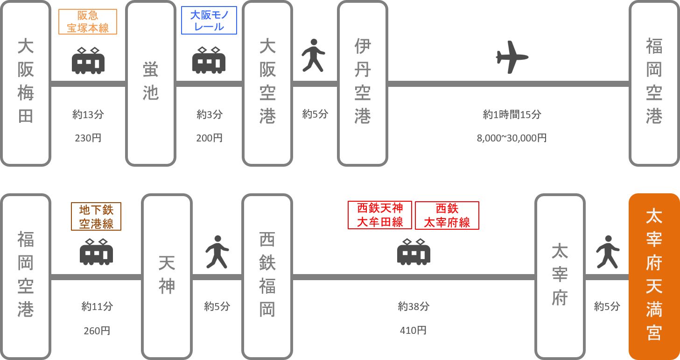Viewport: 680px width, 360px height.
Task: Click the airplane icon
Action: [x=512, y=57]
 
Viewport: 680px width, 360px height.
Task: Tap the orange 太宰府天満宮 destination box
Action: [x=654, y=276]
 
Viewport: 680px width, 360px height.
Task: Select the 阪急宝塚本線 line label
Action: [x=88, y=22]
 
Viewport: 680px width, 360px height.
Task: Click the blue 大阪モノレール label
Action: [x=209, y=21]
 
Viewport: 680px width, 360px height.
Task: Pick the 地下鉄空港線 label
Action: [x=96, y=216]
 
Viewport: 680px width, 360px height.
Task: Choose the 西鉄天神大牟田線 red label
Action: [x=380, y=215]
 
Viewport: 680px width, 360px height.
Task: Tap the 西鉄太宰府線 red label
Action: [x=447, y=215]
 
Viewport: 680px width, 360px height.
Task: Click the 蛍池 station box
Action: [x=151, y=83]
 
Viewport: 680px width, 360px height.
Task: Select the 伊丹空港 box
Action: [x=363, y=83]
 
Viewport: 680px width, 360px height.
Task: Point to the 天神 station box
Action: [x=167, y=276]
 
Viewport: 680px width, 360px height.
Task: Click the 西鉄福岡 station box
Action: [x=267, y=276]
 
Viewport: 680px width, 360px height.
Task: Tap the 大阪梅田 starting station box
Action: [x=26, y=83]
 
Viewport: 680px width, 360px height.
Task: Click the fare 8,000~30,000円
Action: [x=512, y=138]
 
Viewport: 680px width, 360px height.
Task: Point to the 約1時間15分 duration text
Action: [x=512, y=114]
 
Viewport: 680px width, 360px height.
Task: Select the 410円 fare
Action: [x=414, y=331]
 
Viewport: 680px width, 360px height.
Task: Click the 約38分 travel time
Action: [x=414, y=307]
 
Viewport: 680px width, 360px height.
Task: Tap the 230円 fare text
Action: [x=88, y=138]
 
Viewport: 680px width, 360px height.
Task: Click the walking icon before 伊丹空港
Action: [x=313, y=56]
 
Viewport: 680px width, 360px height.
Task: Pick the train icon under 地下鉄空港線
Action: [x=96, y=252]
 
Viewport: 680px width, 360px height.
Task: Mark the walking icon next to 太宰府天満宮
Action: [x=608, y=252]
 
